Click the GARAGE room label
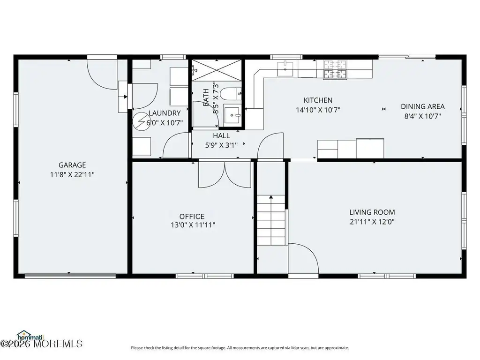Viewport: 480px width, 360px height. click(72, 165)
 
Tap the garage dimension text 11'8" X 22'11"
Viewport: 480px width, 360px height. click(72, 175)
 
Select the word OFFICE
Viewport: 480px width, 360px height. click(192, 217)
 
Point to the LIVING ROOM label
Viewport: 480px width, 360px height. click(372, 212)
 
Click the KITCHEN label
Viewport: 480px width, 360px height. click(318, 100)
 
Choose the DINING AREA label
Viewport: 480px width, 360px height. click(423, 106)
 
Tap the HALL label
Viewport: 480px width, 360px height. click(221, 135)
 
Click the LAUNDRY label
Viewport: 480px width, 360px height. click(165, 113)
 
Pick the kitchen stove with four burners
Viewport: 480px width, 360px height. click(335, 70)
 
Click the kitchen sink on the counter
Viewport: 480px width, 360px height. click(285, 68)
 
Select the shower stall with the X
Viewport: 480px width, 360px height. click(217, 70)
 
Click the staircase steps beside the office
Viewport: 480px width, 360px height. click(271, 220)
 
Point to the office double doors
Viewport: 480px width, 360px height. click(225, 174)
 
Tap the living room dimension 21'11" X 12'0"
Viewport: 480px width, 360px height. click(372, 222)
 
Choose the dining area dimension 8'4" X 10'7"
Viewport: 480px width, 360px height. click(423, 116)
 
